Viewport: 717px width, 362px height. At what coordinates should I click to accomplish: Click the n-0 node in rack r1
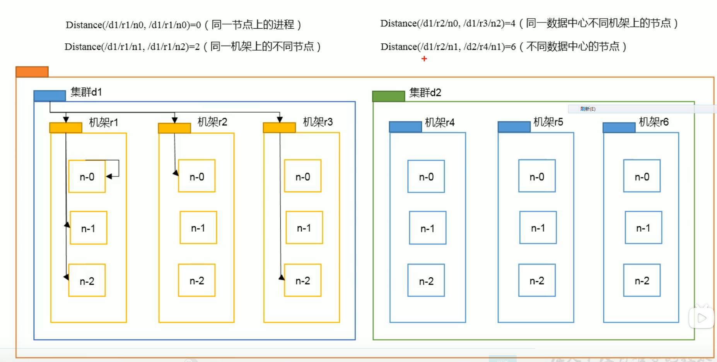pyautogui.click(x=87, y=176)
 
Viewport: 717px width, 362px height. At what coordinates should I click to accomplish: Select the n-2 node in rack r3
pyautogui.click(x=303, y=280)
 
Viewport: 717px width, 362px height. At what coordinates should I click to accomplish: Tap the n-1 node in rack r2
pyautogui.click(x=198, y=228)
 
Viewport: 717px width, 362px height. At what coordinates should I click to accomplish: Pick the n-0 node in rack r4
pyautogui.click(x=426, y=176)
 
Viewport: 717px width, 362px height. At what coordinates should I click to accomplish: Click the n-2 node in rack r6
pyautogui.click(x=642, y=280)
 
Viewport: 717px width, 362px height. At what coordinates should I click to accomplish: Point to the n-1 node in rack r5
pyautogui.click(x=538, y=228)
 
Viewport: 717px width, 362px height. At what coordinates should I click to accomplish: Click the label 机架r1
pyautogui.click(x=104, y=123)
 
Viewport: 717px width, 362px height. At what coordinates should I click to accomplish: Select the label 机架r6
pyautogui.click(x=654, y=122)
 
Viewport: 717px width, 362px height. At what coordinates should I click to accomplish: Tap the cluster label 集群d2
pyautogui.click(x=425, y=92)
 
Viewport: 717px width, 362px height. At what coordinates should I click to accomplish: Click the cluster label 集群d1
pyautogui.click(x=86, y=92)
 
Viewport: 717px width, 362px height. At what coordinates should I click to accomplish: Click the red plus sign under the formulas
pyautogui.click(x=424, y=59)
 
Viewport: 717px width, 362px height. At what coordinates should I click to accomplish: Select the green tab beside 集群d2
pyautogui.click(x=388, y=96)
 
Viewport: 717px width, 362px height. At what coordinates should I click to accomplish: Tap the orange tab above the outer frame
pyautogui.click(x=32, y=72)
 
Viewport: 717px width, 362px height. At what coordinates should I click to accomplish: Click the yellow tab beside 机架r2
pyautogui.click(x=174, y=128)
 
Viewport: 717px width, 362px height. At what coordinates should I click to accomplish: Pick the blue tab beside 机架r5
pyautogui.click(x=514, y=127)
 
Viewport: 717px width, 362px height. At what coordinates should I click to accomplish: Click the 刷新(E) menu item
pyautogui.click(x=588, y=109)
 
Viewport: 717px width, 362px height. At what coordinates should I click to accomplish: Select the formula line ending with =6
pyautogui.click(x=503, y=47)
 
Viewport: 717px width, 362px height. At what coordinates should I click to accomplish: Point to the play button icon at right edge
pyautogui.click(x=702, y=318)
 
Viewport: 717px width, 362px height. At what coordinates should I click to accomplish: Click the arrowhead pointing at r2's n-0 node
pyautogui.click(x=176, y=173)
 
